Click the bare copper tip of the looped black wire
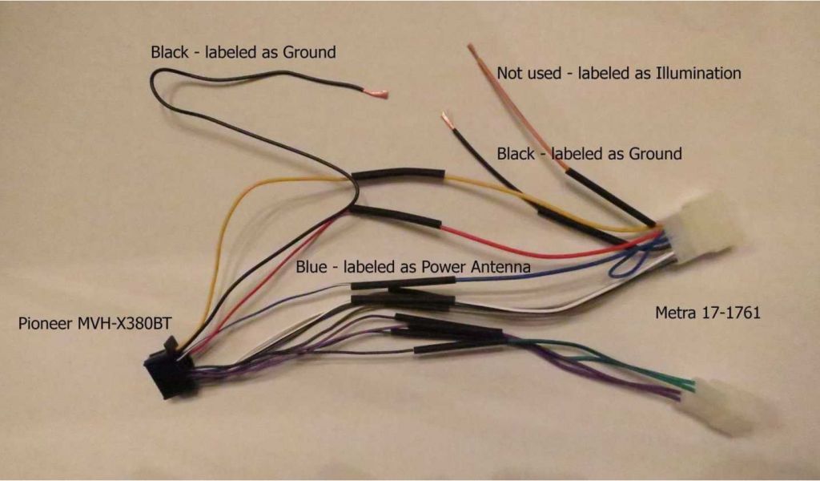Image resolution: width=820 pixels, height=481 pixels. click(376, 94)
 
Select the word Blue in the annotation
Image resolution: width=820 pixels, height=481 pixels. click(312, 265)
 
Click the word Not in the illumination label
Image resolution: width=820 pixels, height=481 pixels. click(510, 73)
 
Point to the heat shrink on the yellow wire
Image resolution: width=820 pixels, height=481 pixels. click(400, 174)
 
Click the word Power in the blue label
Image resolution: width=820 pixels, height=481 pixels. click(448, 265)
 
